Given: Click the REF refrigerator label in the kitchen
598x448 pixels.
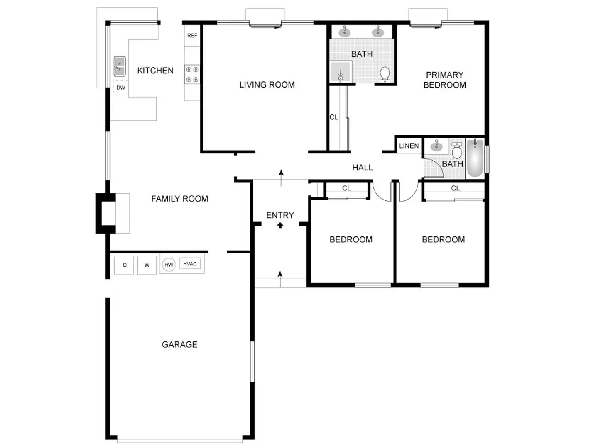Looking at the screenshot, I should pos(192,36).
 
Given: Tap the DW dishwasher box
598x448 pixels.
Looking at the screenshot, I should pos(120,88).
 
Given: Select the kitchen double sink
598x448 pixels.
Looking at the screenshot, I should pos(120,66).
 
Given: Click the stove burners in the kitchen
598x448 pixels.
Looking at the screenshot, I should pos(192,75).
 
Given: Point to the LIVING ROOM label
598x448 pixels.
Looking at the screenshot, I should pos(267,85).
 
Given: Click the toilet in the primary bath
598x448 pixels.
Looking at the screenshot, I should pos(385,74).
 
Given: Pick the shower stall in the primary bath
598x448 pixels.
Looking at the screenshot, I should pos(341,72).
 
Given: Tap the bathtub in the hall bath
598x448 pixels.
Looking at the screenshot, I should pos(475,158).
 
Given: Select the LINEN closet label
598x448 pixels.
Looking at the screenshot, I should pos(409,146).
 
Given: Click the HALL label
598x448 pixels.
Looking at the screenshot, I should pos(363,168).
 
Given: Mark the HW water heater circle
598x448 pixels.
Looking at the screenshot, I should pos(169,265).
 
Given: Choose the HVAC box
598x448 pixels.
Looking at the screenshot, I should pos(190,264).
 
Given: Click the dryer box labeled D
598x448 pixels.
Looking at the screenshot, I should pos(125,265).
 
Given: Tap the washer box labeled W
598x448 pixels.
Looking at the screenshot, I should pos(147,265).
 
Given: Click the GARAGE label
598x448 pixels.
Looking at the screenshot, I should pos(179,344).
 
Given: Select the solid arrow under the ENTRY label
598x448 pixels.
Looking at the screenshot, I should pos(280,225).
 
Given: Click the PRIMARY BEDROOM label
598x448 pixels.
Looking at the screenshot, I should pos(444,80).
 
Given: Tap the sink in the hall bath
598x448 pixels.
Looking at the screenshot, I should pos(436,146).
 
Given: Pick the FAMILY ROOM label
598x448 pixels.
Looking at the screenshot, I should pos(179,199).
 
